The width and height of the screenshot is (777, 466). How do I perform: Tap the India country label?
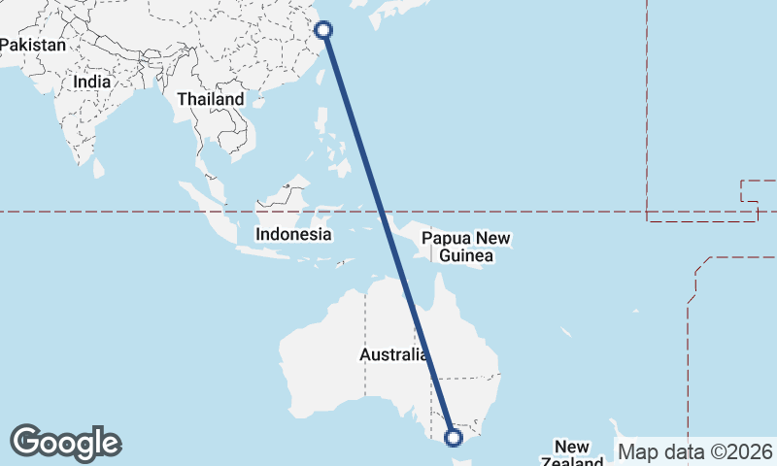pos(92,83)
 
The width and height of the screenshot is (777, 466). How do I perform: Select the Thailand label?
pos(211,99)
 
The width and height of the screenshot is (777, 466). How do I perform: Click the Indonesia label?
pos(293,234)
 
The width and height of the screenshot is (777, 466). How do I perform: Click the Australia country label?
pos(393,355)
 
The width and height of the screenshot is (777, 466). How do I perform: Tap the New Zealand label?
pos(572,454)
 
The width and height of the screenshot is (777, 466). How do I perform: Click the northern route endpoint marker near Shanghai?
pos(324,30)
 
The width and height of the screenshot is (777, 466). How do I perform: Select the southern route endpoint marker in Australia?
pos(454,438)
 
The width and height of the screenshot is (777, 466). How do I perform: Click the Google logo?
pos(66,443)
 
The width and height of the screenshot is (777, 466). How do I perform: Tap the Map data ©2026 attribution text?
pos(695,451)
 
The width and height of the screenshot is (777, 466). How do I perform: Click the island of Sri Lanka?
pos(98,168)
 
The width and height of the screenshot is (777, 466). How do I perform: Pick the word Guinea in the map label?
pos(466,256)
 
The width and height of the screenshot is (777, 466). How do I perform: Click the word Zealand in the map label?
pos(573,461)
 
